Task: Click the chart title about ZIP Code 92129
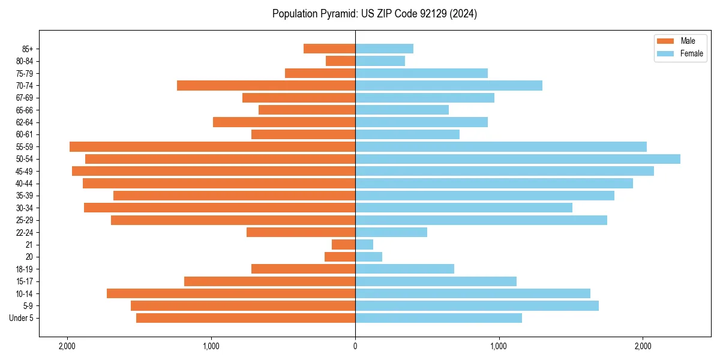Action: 374,14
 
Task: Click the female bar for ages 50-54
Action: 517,159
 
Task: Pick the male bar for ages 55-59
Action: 212,146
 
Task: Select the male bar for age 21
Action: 344,245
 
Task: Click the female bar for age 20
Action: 368,257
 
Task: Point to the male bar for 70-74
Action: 266,86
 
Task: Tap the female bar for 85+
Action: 384,49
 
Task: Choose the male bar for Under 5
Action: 245,318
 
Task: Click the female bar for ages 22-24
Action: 391,232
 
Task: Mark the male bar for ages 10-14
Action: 231,293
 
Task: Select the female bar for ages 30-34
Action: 463,208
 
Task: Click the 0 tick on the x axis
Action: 355,346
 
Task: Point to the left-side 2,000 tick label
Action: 67,346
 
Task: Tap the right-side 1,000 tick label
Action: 499,346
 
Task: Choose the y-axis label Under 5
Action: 21,318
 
